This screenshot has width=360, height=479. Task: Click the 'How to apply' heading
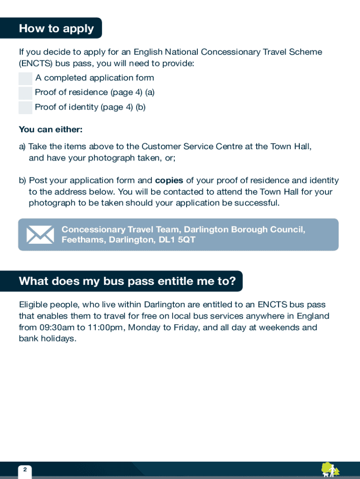coord(56,29)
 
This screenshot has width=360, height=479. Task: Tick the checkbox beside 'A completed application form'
coord(25,78)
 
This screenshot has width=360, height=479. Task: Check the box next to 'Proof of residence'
coord(25,93)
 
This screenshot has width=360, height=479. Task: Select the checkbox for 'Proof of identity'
coord(25,108)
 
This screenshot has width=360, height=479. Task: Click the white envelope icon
coord(40,234)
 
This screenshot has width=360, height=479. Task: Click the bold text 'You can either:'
coord(50,130)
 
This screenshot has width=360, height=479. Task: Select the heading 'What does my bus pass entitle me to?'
coord(127,281)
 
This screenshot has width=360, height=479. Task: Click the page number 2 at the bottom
coord(25,470)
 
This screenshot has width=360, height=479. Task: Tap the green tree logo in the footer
coord(330,469)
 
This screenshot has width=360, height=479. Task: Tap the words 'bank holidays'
coord(47,339)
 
